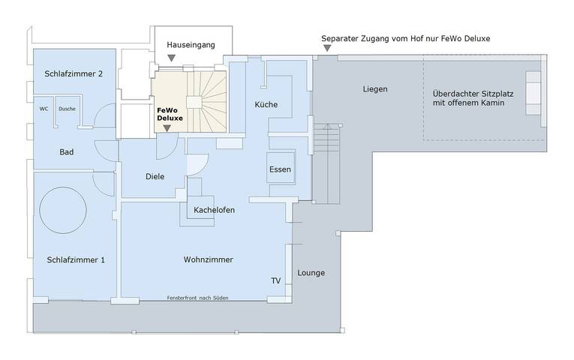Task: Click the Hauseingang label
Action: (x=191, y=45)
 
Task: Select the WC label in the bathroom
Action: (x=44, y=108)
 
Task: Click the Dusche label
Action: (x=67, y=108)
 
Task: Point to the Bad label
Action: (x=67, y=152)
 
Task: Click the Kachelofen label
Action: (x=214, y=210)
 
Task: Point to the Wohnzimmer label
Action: (x=208, y=259)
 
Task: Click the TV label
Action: (x=275, y=280)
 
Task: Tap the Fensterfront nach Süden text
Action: (x=197, y=298)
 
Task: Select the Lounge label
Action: (x=311, y=272)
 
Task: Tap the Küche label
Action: (x=266, y=104)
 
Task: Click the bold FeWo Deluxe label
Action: (x=170, y=113)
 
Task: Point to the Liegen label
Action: (x=375, y=89)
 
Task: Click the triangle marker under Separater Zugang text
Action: (x=326, y=49)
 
